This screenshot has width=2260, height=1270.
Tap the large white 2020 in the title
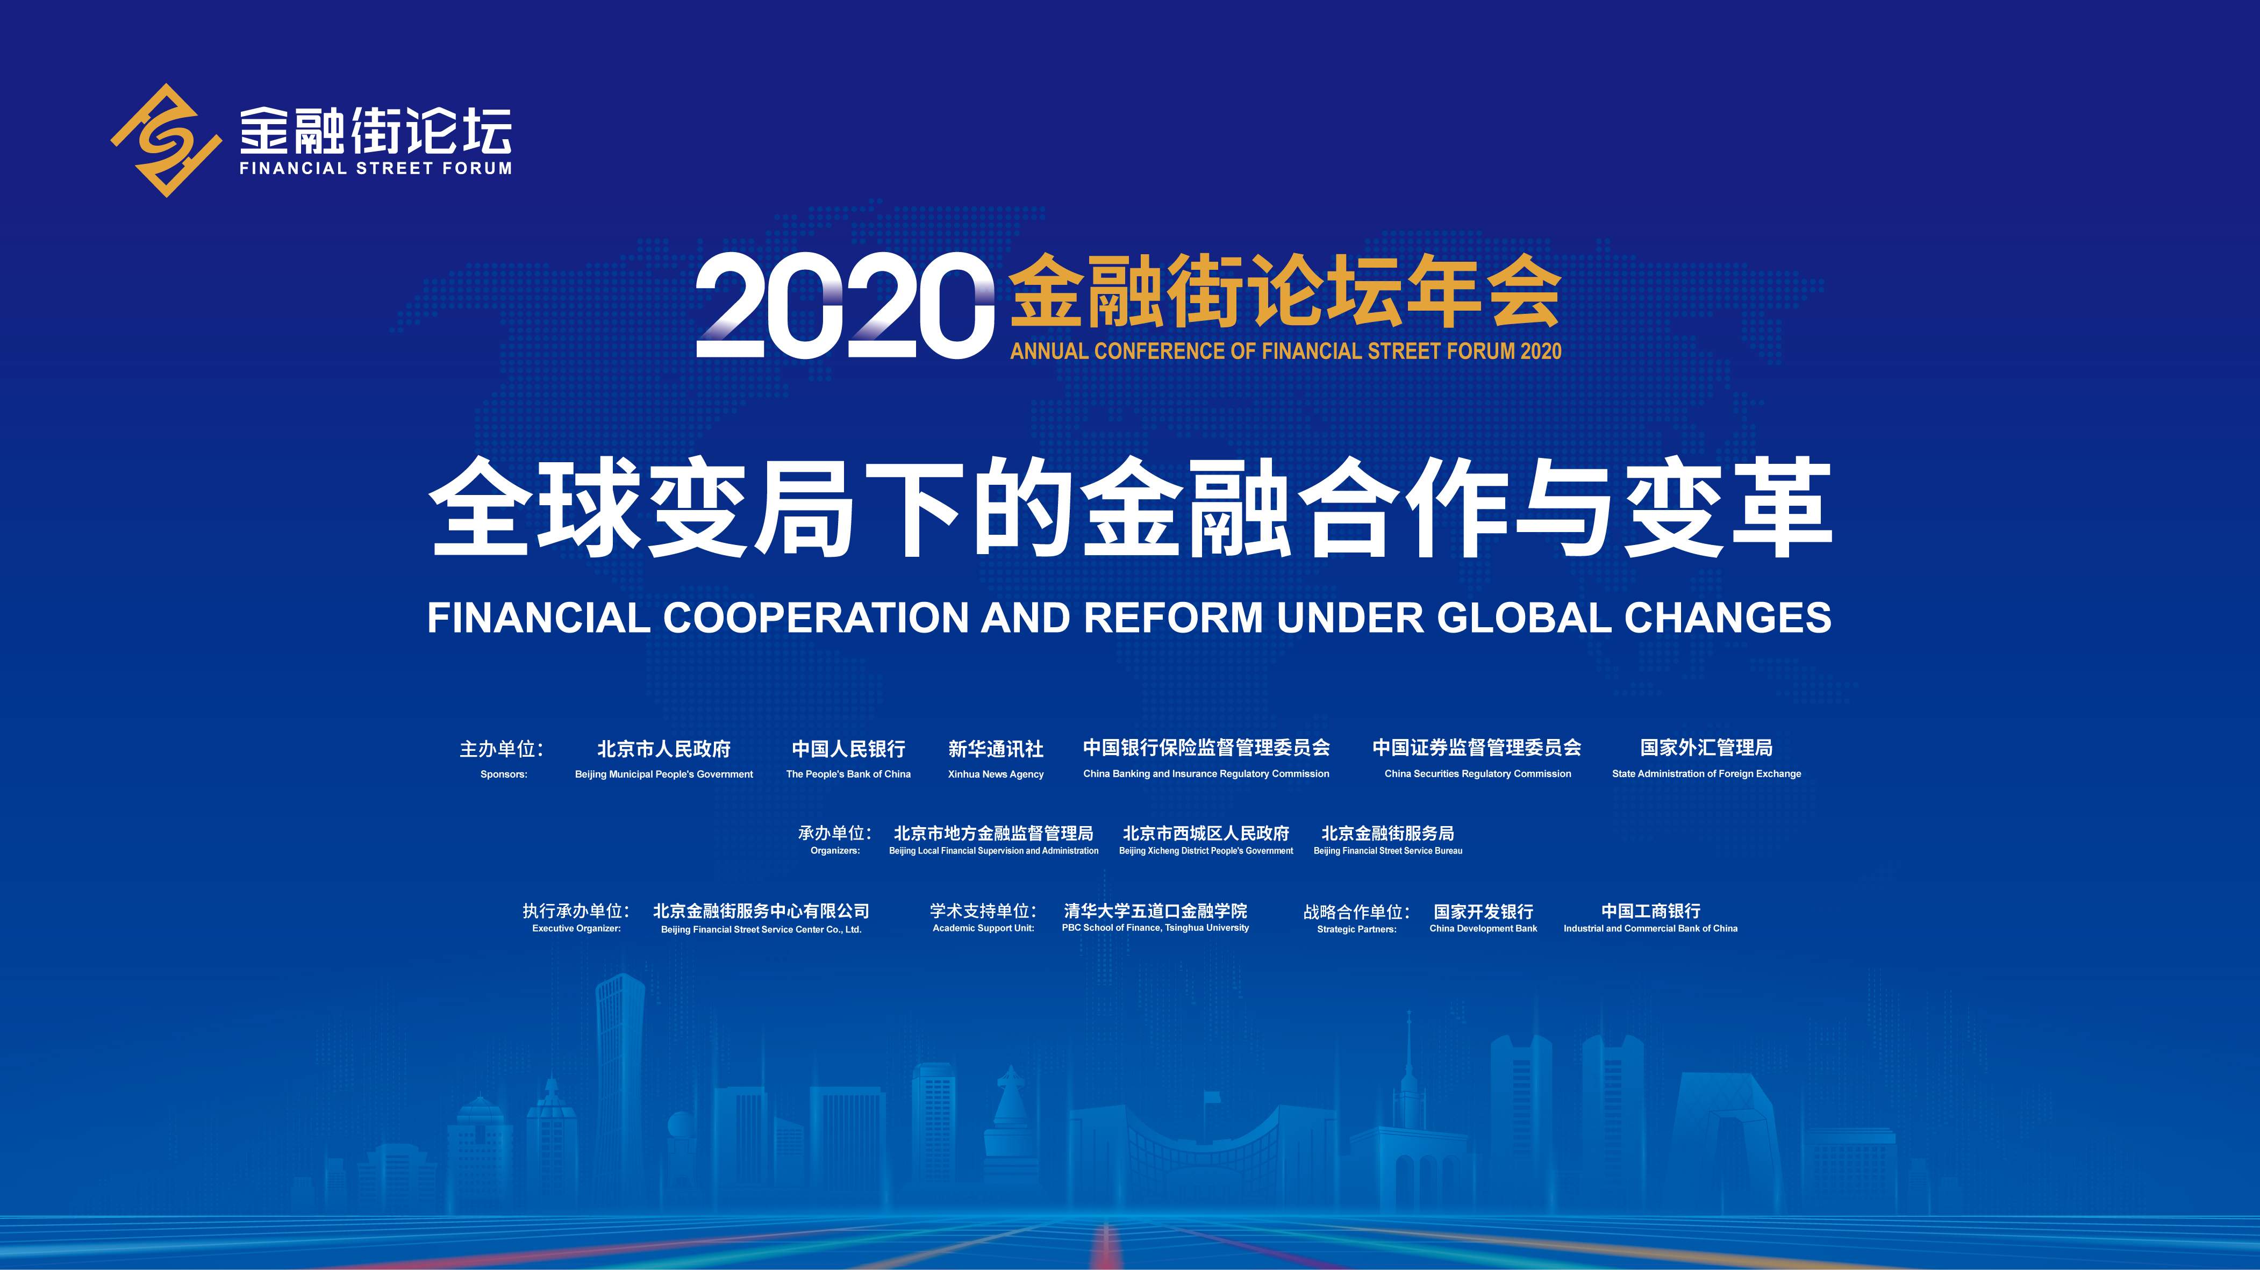[x=845, y=306]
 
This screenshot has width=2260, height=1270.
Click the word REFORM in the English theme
[x=1173, y=618]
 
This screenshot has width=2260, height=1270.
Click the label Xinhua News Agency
[x=996, y=774]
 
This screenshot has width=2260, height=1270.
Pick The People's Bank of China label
[x=848, y=774]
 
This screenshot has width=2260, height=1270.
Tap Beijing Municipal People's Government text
[x=664, y=774]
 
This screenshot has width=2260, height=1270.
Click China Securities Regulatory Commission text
[x=1477, y=773]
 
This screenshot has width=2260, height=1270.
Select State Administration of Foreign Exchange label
[x=1706, y=773]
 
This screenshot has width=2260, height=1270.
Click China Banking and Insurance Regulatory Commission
[x=1206, y=773]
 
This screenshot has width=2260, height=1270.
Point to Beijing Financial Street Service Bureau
[x=1388, y=851]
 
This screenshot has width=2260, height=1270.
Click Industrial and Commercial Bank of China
[x=1650, y=928]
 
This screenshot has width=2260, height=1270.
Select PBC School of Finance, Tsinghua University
[x=1155, y=928]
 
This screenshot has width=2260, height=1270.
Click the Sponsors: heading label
[x=504, y=774]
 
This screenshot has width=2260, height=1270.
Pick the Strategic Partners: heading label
[x=1356, y=929]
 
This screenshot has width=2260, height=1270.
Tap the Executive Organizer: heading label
[x=576, y=929]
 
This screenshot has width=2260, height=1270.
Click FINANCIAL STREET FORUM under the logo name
[x=375, y=168]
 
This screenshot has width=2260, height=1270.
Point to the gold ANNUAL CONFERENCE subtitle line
[x=1286, y=351]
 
